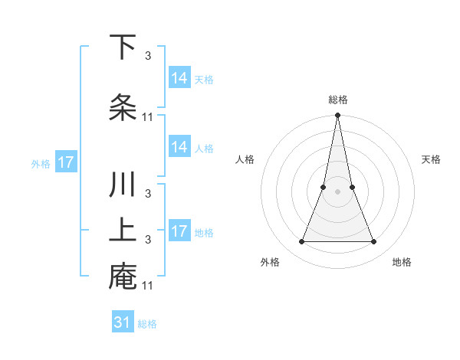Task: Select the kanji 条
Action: click(x=123, y=106)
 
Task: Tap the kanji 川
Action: click(x=123, y=186)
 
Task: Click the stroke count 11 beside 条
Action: click(x=148, y=117)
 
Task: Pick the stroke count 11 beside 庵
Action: click(x=148, y=286)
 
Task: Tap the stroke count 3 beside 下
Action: click(x=147, y=55)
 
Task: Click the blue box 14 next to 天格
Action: click(x=179, y=78)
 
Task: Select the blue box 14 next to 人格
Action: click(x=179, y=147)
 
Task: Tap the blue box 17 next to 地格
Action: click(x=179, y=231)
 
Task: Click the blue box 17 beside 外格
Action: click(x=65, y=163)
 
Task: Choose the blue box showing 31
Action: click(x=123, y=322)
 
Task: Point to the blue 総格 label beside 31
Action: click(x=147, y=324)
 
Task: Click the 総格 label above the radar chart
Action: click(x=337, y=100)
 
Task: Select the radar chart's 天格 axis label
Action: click(x=431, y=159)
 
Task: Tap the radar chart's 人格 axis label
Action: click(x=245, y=159)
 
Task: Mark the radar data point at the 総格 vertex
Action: click(x=337, y=116)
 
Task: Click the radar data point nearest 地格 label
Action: click(x=373, y=241)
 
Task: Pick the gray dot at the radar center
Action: click(x=337, y=191)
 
